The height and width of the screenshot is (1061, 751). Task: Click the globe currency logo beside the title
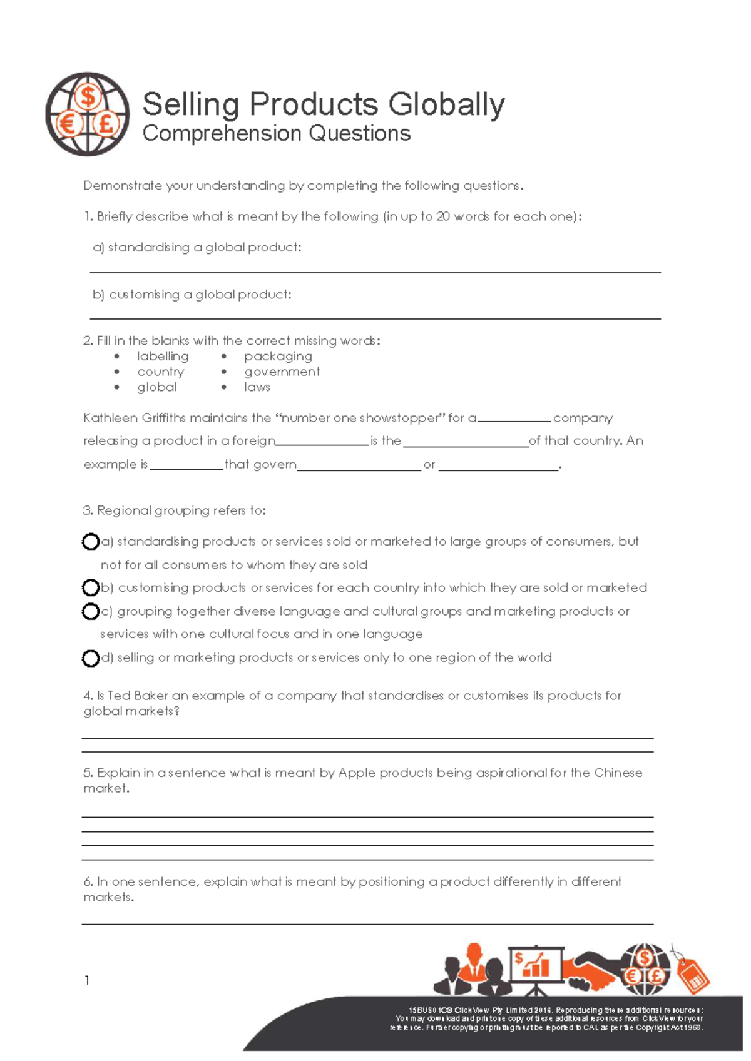[x=87, y=114]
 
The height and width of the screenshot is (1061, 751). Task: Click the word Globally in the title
[x=446, y=104]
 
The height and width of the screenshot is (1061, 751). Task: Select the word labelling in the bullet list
[x=163, y=356]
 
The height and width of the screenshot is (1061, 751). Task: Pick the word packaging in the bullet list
[x=278, y=356]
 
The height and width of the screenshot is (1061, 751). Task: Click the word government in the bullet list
[x=282, y=372]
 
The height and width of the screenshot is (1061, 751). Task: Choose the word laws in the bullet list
[x=257, y=387]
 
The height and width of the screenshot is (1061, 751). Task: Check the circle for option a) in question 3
[x=91, y=541]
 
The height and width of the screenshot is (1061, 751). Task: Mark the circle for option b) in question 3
[x=91, y=587]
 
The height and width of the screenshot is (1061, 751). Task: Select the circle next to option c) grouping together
[x=91, y=611]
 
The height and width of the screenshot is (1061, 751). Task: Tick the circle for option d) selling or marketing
[x=91, y=658]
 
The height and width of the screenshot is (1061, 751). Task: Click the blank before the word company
[x=514, y=419]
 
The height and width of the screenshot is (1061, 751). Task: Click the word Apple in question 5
[x=357, y=773]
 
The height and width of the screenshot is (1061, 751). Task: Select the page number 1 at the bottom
[x=87, y=980]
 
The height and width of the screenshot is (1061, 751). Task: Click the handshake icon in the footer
[x=591, y=970]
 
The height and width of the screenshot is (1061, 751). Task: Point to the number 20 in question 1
[x=443, y=216]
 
